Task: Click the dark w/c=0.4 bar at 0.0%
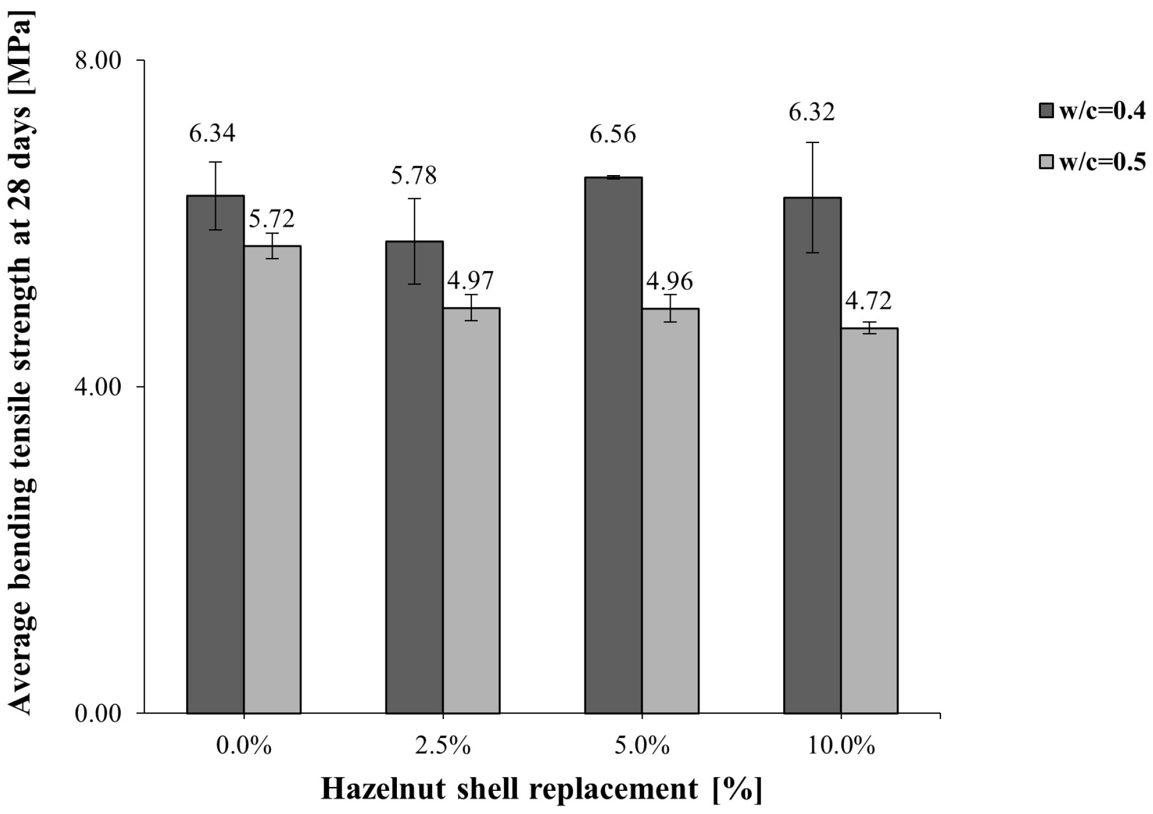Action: pos(215,453)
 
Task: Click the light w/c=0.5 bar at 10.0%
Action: pos(869,520)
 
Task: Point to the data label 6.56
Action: pos(613,135)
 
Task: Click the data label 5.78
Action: pos(414,176)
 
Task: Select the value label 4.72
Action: pos(869,302)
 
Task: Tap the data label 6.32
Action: pos(811,113)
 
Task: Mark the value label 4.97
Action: pos(470,281)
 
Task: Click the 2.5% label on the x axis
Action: pos(443,747)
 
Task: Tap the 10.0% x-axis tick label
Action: pos(841,747)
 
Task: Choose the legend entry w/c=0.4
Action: pos(1102,111)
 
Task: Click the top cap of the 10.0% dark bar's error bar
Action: pos(812,142)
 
